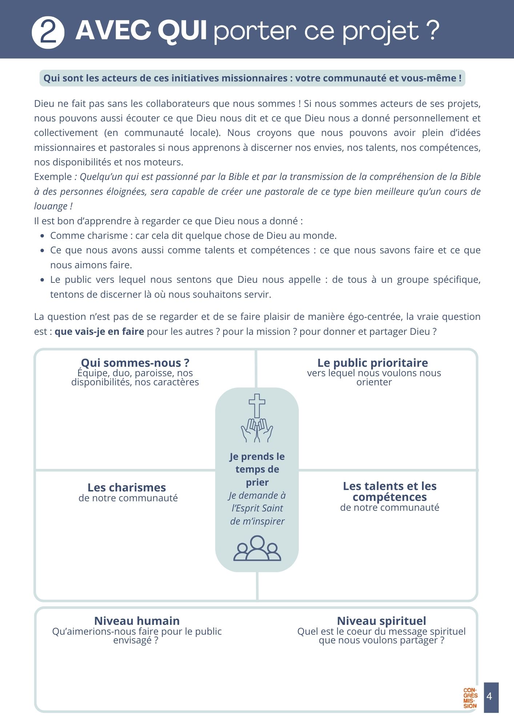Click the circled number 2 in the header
[x=48, y=33]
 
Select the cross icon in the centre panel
[x=257, y=406]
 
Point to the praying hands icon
[x=257, y=430]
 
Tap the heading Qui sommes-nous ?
[x=135, y=363]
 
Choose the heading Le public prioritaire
[x=373, y=363]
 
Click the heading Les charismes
[x=127, y=487]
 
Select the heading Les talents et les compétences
[x=390, y=491]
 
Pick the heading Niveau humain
[x=137, y=621]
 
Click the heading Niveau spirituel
[x=381, y=621]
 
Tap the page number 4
[x=489, y=696]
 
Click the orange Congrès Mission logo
[x=470, y=698]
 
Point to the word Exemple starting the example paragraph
[x=53, y=177]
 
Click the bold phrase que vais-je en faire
[x=99, y=332]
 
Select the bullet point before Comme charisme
[x=43, y=236]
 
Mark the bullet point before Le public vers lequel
[x=43, y=280]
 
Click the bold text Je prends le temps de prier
[x=257, y=469]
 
